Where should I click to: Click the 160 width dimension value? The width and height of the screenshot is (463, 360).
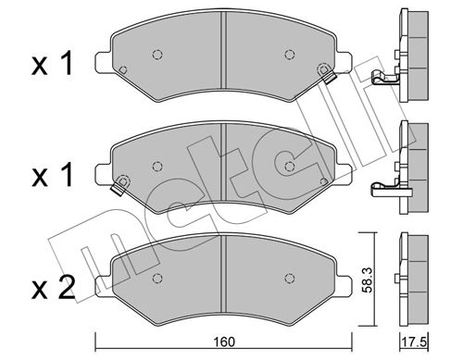coord(225,341)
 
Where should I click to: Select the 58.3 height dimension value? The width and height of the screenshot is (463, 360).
coord(367,279)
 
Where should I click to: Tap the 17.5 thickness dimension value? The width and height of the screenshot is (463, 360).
coord(414,341)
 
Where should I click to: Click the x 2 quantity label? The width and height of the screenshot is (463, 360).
coord(53,288)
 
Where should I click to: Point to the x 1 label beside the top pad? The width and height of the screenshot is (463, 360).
coord(52,64)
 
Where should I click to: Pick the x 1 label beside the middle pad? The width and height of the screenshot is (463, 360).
coord(52,175)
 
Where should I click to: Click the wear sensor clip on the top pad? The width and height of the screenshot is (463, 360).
coord(329,78)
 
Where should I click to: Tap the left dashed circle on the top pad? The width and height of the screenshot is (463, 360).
coord(157,55)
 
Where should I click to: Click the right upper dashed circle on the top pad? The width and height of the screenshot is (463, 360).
coord(289,55)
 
